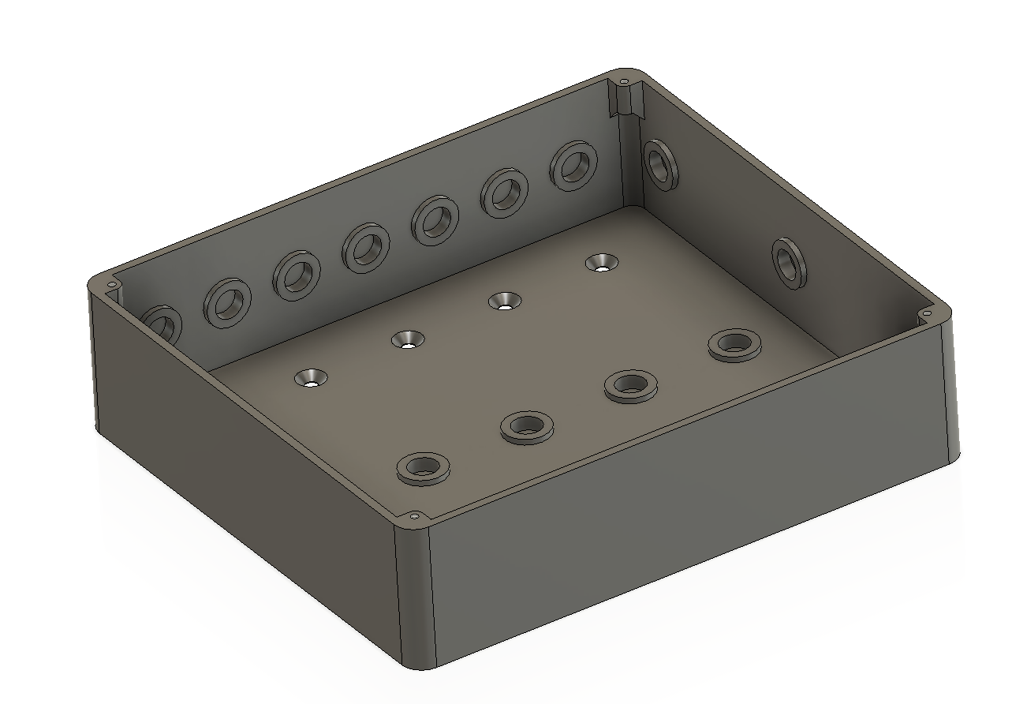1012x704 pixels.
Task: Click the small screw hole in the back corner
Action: coord(624,81)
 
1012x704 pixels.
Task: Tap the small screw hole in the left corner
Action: coord(111,284)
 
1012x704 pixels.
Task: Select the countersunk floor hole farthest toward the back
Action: coord(602,263)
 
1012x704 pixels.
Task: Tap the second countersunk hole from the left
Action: coord(409,339)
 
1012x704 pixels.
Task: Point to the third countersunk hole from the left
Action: coord(503,301)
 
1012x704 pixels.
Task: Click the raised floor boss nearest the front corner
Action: coord(424,468)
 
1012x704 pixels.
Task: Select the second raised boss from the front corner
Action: coord(526,426)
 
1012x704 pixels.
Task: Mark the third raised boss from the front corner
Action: coord(630,385)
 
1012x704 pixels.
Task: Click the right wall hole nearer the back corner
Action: coord(660,163)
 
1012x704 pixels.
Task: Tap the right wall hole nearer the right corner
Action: coord(788,262)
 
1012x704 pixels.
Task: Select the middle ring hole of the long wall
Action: coord(366,248)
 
